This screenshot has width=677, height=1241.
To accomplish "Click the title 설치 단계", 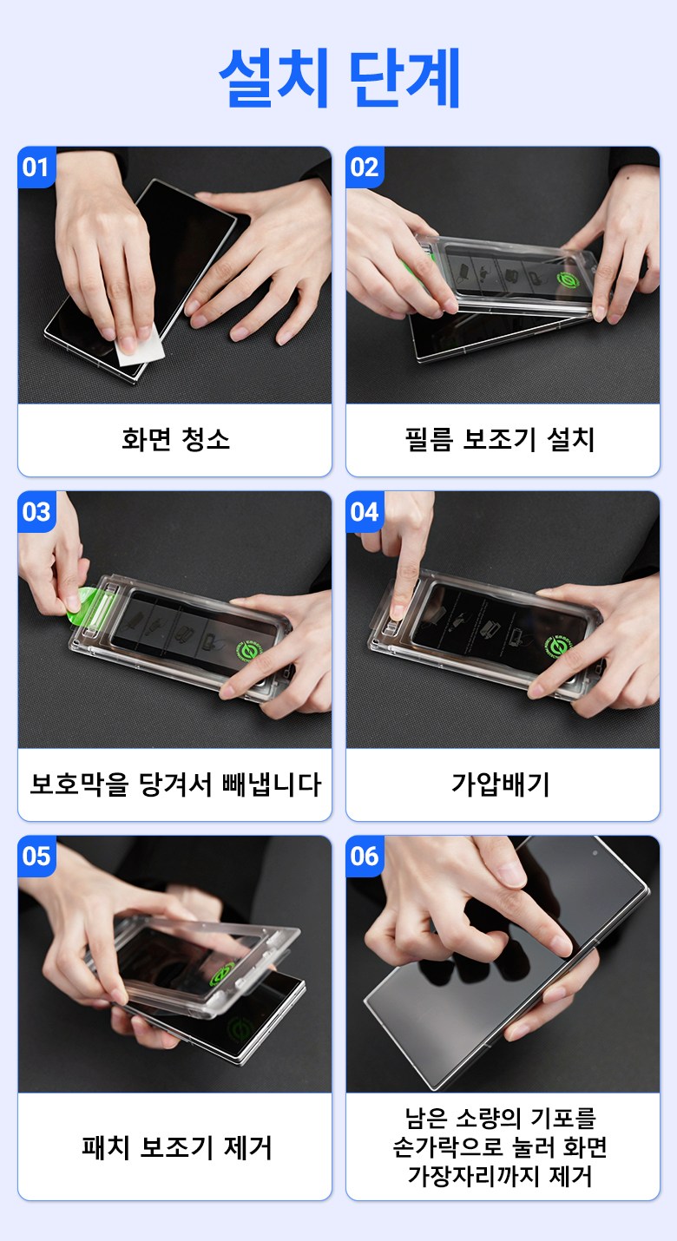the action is [x=339, y=77].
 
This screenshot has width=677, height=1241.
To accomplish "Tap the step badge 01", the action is [x=36, y=167].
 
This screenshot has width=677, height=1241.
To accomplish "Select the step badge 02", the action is [x=364, y=167].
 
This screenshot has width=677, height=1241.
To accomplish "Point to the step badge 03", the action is [x=36, y=512].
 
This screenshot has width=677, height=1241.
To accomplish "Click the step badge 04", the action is [x=364, y=512].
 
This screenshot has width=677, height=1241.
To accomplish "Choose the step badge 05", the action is [x=36, y=857].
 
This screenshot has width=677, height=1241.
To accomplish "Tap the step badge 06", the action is [x=364, y=857].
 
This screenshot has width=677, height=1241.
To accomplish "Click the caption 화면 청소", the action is [x=175, y=439].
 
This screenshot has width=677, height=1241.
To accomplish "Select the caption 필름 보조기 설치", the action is [x=500, y=439].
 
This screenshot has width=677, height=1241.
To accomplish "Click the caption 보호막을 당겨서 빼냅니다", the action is [x=175, y=784].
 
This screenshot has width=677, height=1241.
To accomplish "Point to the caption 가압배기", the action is [x=500, y=784].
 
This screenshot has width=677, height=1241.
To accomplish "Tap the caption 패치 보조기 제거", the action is [x=177, y=1147].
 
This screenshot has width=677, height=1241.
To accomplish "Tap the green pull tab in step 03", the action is [x=82, y=607].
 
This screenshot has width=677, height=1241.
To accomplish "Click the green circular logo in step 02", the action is [x=568, y=279].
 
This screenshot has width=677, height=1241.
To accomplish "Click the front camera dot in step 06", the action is [x=595, y=853].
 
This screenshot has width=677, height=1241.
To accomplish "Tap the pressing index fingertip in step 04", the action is [x=397, y=607].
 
